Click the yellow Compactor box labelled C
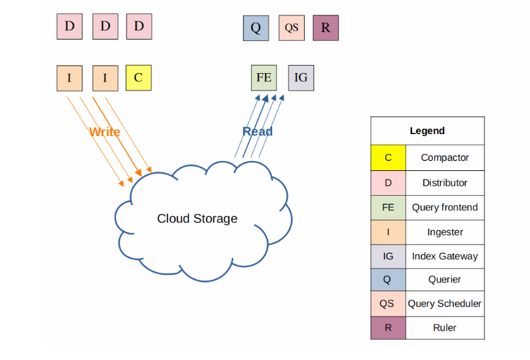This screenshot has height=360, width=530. point(138,78)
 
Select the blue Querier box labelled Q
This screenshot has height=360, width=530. point(255,28)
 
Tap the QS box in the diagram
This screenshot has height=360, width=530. point(291,28)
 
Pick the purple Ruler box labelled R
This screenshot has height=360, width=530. point(326,28)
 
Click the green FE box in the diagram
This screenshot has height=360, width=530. point(264,78)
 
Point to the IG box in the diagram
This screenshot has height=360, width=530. point(301,78)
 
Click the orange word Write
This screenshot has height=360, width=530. point(105,132)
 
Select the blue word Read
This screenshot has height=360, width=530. point(257,131)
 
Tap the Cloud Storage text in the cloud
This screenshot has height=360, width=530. point(197,219)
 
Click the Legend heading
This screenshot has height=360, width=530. point(427,131)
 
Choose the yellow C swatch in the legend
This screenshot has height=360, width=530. point(388,158)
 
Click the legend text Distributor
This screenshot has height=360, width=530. point(444,182)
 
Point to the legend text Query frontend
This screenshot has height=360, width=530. point(444,207)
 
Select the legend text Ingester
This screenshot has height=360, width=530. point(444,232)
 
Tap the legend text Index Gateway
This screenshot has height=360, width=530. point(444,256)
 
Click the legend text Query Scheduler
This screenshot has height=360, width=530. point(444,303)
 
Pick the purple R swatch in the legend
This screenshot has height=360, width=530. point(388,327)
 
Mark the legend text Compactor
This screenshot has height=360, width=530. point(444,158)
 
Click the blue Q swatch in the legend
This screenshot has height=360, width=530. point(388,280)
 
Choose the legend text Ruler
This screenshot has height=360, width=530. point(444,327)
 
